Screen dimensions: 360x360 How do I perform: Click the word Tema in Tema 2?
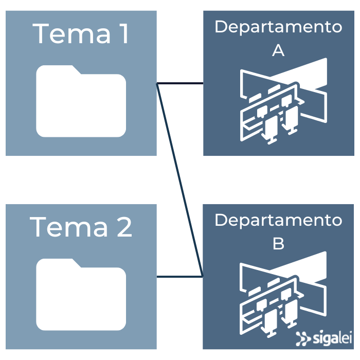point(64,227)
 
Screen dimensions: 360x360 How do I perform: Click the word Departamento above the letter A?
point(278,27)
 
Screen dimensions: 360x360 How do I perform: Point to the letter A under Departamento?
point(278,51)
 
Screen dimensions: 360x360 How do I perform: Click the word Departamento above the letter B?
point(278,220)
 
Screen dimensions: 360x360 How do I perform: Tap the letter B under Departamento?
point(278,243)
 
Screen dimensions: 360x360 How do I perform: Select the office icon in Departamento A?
point(283,100)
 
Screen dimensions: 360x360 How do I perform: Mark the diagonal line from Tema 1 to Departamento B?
point(180,179)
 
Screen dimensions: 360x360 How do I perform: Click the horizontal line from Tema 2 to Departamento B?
point(180,277)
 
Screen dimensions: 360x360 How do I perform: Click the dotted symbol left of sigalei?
point(303,338)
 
